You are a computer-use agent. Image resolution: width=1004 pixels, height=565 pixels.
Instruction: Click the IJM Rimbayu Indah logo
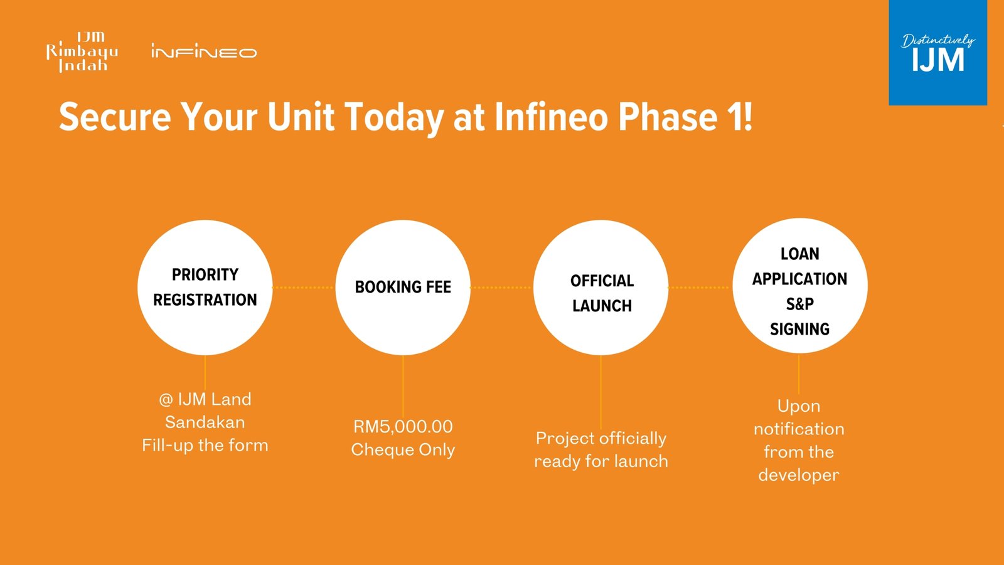82,52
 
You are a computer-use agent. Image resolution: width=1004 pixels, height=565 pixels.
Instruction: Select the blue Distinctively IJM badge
937,53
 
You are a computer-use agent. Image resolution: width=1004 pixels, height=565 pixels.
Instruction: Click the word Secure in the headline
115,117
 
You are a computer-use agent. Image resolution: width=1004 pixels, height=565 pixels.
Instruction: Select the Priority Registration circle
205,288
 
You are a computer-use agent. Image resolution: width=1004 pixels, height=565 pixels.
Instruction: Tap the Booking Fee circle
403,288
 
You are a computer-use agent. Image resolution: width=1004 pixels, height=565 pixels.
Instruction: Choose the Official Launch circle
601,288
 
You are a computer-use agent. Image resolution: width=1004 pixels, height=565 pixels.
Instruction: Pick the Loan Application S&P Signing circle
800,286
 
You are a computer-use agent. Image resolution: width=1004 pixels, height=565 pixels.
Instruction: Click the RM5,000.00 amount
403,426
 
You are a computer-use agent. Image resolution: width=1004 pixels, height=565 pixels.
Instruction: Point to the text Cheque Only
403,449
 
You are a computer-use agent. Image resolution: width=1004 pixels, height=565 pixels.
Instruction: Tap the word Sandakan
205,422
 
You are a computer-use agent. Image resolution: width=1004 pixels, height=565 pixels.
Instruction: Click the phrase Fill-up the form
205,446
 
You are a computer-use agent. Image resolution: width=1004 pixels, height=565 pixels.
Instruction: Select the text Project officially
601,439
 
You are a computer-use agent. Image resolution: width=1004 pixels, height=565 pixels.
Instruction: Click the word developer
799,475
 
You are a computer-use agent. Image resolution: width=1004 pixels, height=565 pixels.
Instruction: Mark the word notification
799,429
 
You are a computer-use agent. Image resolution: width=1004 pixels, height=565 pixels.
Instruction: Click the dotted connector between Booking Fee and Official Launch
502,288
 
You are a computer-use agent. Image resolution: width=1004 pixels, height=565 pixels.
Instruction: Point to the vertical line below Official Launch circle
601,392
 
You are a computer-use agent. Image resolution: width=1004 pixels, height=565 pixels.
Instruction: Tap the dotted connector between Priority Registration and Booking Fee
304,288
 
